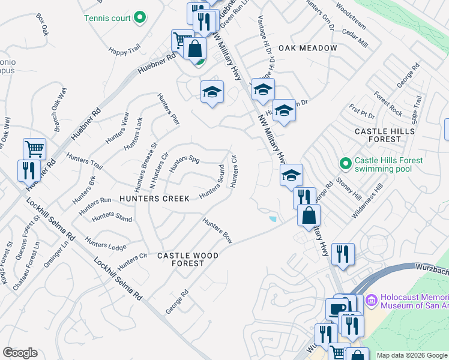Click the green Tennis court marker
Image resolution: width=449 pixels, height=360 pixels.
click(140, 18)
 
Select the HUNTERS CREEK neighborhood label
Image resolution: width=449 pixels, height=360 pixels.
click(154, 199)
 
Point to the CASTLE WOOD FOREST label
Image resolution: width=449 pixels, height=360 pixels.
click(187, 259)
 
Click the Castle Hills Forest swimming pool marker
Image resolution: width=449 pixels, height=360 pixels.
click(345, 163)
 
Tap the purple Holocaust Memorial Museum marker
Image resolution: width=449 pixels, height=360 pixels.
click(371, 299)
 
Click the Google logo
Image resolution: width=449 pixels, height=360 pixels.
click(20, 353)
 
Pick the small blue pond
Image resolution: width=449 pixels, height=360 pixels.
click(273, 219)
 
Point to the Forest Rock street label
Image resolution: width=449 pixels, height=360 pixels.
click(387, 103)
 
